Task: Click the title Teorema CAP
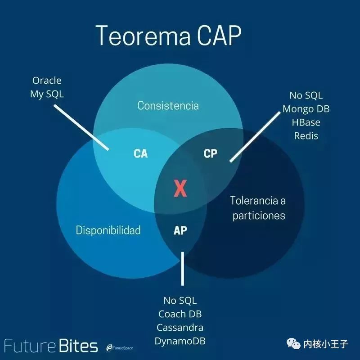(168, 35)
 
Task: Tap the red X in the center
(180, 188)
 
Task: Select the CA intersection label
(140, 153)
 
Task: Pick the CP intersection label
(210, 153)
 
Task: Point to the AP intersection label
(180, 230)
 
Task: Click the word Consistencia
(168, 106)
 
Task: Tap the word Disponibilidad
(108, 230)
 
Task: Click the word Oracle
(47, 81)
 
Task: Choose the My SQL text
(47, 94)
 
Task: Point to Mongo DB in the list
(306, 109)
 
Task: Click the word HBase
(306, 122)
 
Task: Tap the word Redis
(306, 136)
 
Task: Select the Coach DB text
(180, 314)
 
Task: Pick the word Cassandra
(180, 328)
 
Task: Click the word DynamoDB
(180, 341)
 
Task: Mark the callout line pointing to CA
(81, 128)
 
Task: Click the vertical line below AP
(183, 269)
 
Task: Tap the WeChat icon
(293, 343)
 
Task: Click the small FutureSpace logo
(120, 348)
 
